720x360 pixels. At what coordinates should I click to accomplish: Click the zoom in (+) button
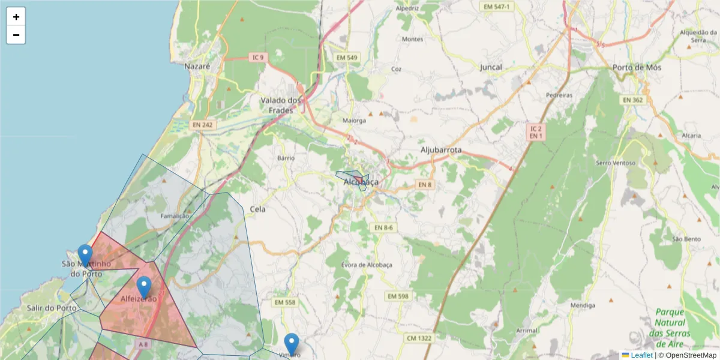click(x=16, y=17)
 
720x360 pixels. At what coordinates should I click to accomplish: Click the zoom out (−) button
click(x=16, y=35)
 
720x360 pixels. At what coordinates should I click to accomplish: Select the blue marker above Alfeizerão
click(x=144, y=287)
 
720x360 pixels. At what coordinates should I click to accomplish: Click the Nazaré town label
click(x=197, y=67)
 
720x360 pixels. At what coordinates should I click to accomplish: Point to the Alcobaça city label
click(x=361, y=182)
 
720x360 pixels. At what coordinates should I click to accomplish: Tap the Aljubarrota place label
click(x=441, y=149)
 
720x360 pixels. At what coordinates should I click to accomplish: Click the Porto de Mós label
click(x=637, y=67)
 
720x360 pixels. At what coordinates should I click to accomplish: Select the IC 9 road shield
click(x=257, y=58)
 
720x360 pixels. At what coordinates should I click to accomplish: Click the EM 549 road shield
click(x=347, y=58)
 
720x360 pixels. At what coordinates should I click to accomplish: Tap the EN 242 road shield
click(x=203, y=125)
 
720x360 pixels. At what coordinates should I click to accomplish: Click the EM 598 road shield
click(x=398, y=296)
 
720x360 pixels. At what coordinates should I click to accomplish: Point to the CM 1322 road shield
click(x=419, y=338)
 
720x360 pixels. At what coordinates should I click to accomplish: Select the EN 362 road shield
click(x=632, y=100)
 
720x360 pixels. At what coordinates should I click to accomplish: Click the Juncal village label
click(x=491, y=67)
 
